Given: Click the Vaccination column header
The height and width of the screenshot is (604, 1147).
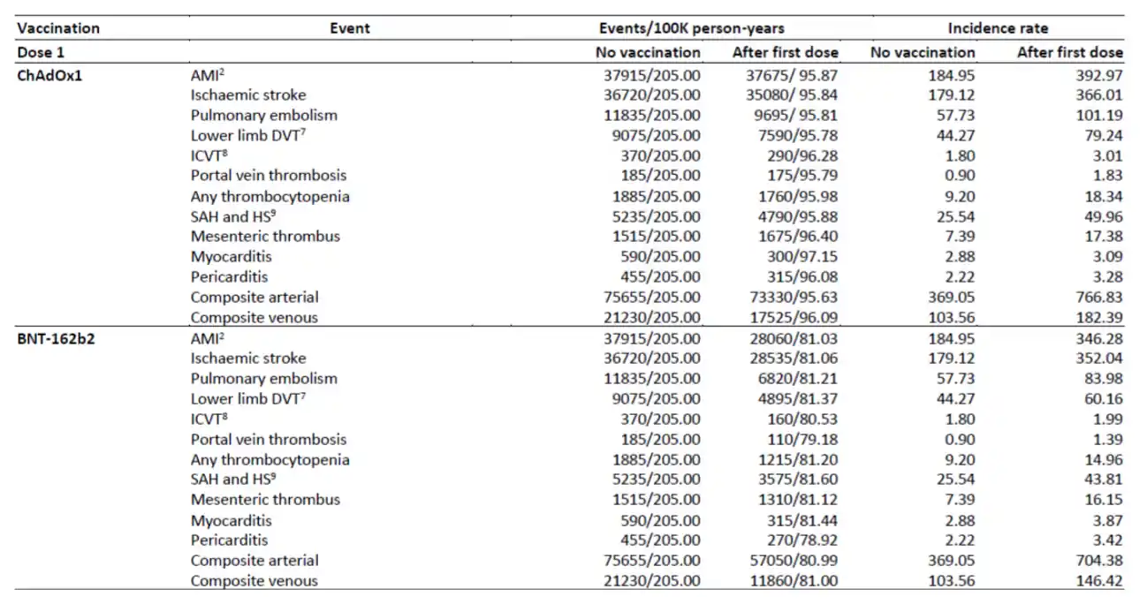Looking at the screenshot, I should point(58,28).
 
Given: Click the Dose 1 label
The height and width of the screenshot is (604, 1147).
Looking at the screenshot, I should point(41,52).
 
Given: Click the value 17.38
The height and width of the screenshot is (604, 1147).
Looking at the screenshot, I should point(1100,236).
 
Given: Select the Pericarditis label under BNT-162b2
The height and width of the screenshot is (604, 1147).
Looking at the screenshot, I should point(229,540).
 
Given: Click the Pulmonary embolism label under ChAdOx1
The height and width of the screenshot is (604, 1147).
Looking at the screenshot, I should point(263,115).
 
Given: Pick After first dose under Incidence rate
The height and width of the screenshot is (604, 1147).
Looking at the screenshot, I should point(1069,52).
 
